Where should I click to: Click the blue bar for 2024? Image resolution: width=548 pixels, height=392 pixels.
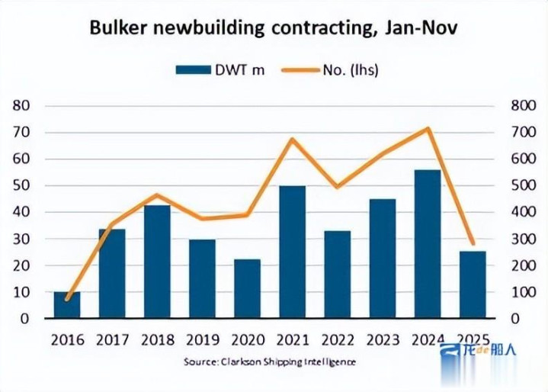[428, 244]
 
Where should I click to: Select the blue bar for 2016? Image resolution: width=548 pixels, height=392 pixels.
[66, 305]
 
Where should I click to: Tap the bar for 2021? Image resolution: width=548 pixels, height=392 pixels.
[292, 252]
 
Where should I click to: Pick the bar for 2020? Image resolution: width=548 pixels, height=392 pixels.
[247, 289]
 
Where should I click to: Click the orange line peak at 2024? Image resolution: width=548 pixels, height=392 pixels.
[428, 128]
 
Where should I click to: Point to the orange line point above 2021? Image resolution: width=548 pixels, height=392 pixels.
[292, 139]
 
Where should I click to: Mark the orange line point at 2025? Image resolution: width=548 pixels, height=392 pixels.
[473, 243]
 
